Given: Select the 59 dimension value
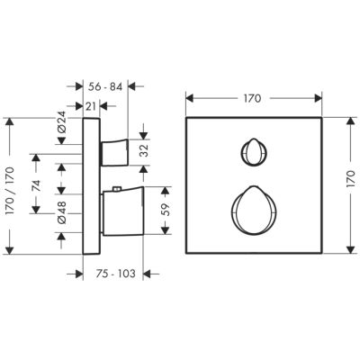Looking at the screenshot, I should click(165, 210).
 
